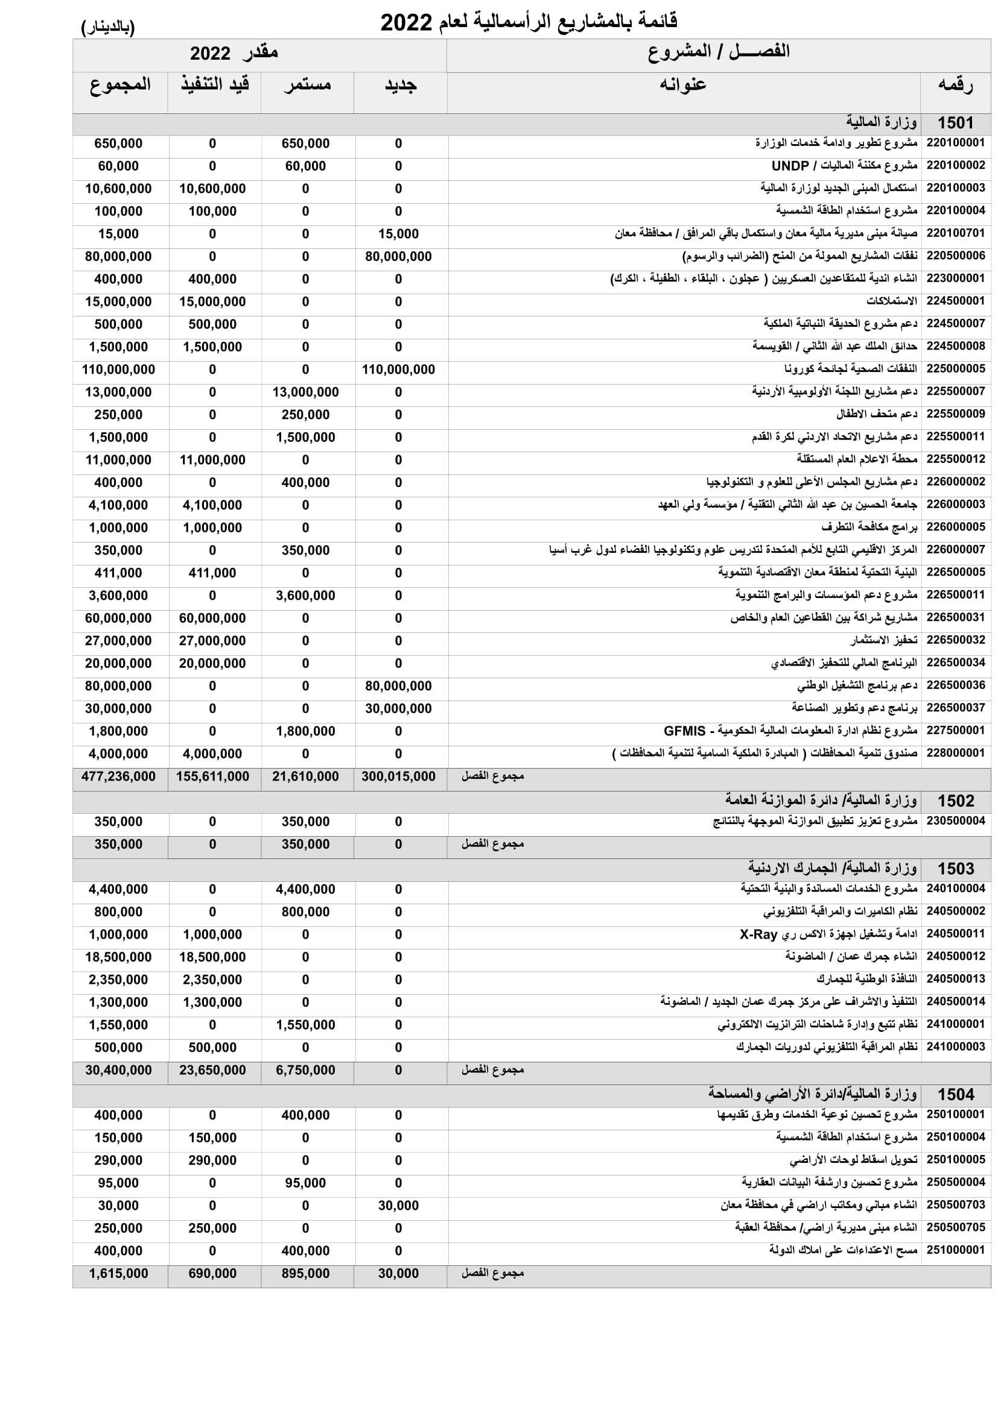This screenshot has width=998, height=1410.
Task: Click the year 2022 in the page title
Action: point(406,23)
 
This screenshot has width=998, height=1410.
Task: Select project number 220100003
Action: point(956,188)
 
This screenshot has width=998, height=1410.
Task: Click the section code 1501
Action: point(956,123)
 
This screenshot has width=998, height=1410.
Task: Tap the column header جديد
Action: point(401,85)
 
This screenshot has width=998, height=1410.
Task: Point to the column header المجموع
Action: point(120,85)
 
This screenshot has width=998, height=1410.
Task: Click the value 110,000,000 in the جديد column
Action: point(398,370)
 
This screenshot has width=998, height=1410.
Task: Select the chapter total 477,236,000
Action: point(119,776)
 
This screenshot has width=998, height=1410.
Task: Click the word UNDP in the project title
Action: point(790,166)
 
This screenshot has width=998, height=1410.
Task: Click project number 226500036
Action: point(956,685)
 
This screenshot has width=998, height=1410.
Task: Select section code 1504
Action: point(956,1094)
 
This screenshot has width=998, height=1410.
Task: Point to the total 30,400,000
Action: point(119,1070)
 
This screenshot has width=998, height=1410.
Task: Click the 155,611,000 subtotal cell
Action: point(212,776)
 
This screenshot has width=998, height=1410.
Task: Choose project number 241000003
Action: point(956,1046)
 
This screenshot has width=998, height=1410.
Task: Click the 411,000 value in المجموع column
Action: point(119,573)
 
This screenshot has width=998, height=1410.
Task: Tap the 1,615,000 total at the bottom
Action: point(119,1274)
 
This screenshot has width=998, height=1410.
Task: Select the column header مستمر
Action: point(307,85)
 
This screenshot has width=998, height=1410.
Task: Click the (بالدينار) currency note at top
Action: point(108,27)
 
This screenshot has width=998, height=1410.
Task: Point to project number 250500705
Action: point(956,1227)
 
